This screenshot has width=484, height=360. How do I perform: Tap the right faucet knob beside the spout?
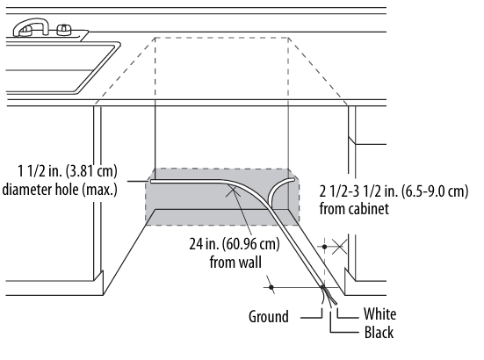click(64, 30)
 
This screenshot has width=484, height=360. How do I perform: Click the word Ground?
click(269, 317)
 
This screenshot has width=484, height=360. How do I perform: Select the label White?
click(379, 314)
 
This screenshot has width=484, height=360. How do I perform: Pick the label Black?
click(379, 333)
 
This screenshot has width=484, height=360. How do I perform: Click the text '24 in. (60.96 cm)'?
click(235, 244)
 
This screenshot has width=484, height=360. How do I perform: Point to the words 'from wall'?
click(235, 262)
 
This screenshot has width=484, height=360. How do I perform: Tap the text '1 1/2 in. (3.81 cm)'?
click(68, 171)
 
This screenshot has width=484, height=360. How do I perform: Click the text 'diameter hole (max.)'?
click(60, 189)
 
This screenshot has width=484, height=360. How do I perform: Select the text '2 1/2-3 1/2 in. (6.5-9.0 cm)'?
click(394, 191)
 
